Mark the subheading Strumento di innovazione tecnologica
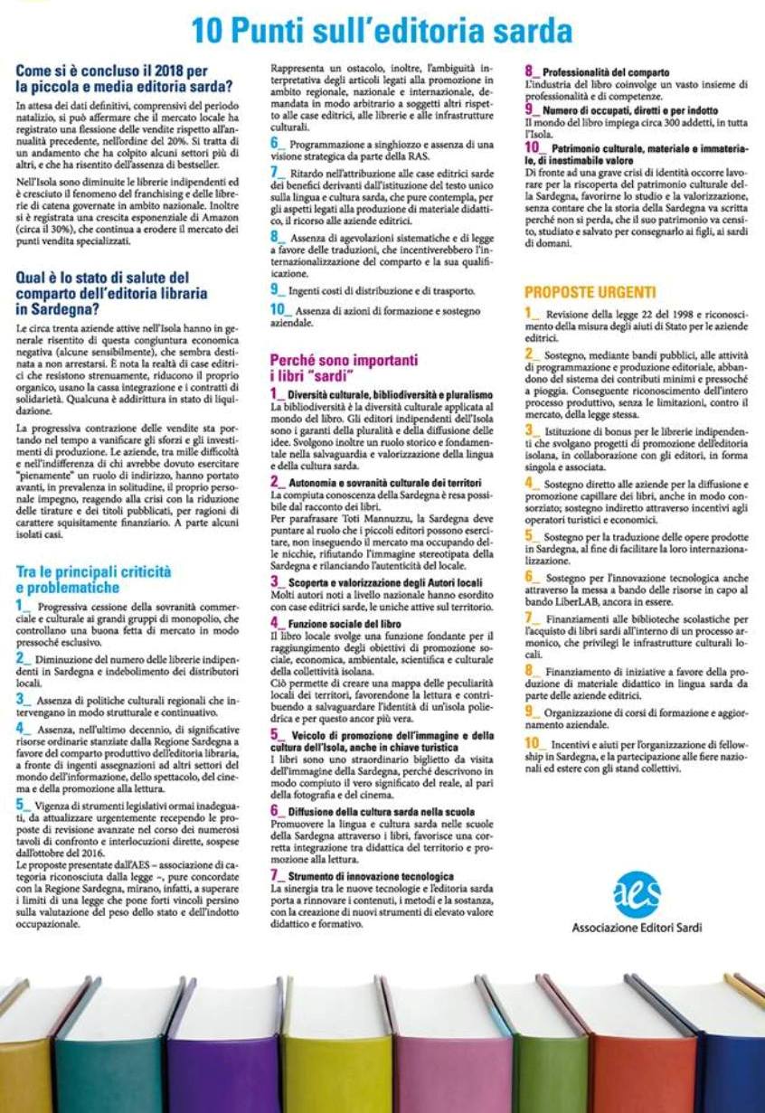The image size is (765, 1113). (x=370, y=876)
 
